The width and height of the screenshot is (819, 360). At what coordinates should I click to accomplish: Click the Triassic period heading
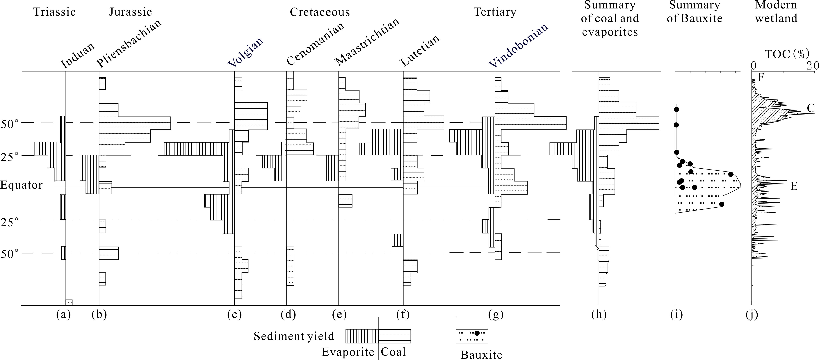click(x=54, y=12)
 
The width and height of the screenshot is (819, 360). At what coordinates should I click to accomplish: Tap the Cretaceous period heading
click(x=320, y=12)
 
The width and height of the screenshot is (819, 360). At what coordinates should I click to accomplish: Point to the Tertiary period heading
click(x=495, y=12)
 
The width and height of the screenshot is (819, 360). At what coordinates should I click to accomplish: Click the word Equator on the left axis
click(x=21, y=185)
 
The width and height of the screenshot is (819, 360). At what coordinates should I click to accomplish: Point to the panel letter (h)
click(x=599, y=315)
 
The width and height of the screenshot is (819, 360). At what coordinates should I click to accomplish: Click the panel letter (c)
click(x=234, y=315)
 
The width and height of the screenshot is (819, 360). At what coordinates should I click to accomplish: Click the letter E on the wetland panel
click(x=794, y=186)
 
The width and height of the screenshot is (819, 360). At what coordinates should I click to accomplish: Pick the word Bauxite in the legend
click(x=481, y=355)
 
